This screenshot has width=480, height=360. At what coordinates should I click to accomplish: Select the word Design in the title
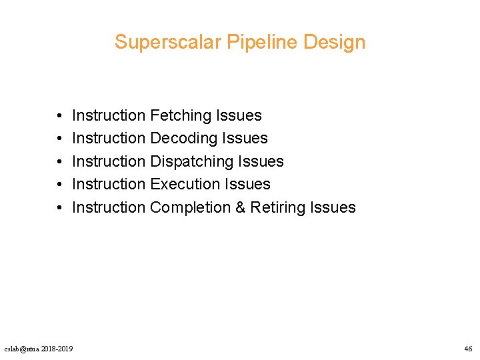pos(334,42)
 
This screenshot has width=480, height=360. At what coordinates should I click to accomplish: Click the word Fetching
pos(181,116)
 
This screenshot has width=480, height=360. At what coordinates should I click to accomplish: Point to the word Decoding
pos(181,139)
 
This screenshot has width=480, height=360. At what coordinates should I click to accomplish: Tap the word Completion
pos(190,207)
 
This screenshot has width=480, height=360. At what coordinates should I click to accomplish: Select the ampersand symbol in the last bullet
pos(241,207)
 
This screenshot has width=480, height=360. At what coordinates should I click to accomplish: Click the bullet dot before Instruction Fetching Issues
pos(59,116)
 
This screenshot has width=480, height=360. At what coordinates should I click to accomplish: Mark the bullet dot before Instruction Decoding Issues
pos(59,139)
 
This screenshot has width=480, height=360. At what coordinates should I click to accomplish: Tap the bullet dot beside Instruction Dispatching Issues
pos(59,161)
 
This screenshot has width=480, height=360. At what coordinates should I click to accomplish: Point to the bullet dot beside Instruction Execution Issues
pos(59,184)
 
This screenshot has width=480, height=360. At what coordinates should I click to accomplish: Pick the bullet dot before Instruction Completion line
pos(59,207)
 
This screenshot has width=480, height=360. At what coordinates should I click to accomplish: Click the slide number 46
pos(467,349)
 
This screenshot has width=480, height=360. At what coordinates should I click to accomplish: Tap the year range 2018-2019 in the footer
pos(57,349)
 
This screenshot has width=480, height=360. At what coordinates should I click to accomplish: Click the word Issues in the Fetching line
pos(239,116)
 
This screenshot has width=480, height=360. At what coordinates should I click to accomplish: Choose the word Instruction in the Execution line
pos(108,184)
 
